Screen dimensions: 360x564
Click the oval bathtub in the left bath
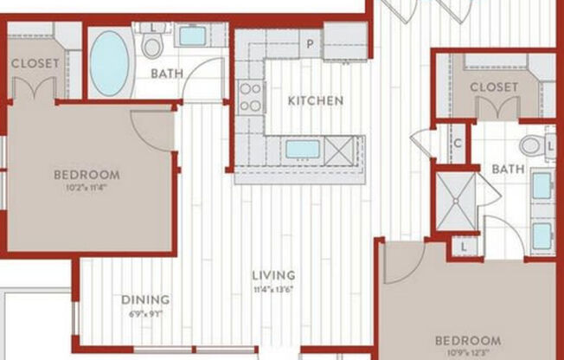109,62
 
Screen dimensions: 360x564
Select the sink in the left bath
192,36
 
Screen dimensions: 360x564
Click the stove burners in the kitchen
250,96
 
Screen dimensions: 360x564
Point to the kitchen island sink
303,149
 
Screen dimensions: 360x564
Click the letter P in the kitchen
308,42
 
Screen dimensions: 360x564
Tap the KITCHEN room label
315,101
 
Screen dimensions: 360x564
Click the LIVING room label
273,276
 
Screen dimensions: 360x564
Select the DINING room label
145,300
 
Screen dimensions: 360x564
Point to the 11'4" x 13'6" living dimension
273,289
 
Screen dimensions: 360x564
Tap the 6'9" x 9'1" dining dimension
145,312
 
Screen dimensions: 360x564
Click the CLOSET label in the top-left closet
35,63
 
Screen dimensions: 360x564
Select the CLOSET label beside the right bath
494,87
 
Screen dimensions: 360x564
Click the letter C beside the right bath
457,144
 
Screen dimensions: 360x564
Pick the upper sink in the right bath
542,186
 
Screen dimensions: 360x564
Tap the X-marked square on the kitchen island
340,149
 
